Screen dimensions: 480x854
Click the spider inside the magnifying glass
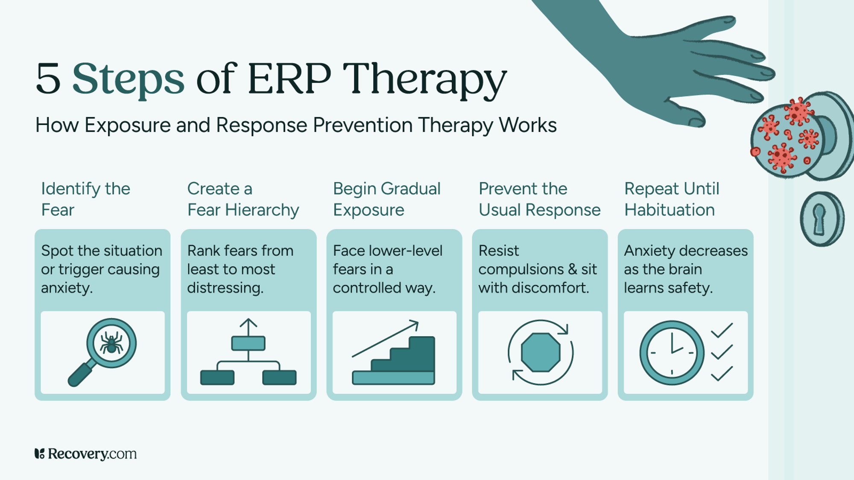[x=111, y=343]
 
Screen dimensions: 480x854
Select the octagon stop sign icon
[x=540, y=352]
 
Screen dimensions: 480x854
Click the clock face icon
[x=671, y=352]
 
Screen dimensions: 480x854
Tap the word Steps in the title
[x=128, y=79]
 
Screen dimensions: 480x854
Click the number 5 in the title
[x=48, y=79]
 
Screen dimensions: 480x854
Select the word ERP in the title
[x=289, y=79]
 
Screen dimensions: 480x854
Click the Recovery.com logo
[x=85, y=454]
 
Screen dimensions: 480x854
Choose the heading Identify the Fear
[x=85, y=199]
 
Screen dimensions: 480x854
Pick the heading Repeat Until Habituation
[x=671, y=199]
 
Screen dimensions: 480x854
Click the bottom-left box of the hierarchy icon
[x=217, y=378]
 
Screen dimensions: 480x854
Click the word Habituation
[x=669, y=210]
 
